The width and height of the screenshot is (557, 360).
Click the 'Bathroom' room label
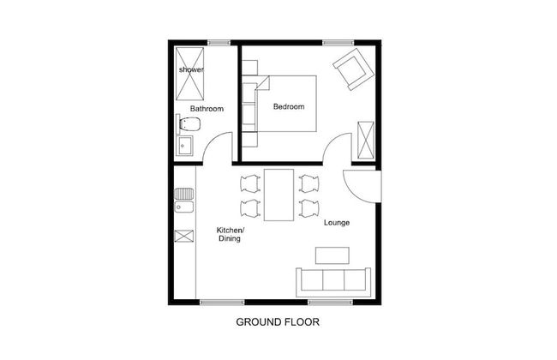tap(207, 109)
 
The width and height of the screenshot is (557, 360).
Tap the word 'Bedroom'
tap(289, 106)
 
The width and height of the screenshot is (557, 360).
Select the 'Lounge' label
tap(337, 223)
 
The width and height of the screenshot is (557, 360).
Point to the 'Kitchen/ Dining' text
tap(230, 235)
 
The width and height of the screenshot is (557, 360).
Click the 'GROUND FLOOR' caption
tap(278, 323)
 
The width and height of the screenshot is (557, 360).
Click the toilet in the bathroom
tap(188, 126)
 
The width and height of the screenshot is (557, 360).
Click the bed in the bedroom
tap(287, 103)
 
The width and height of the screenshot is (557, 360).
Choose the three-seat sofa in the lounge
tap(332, 281)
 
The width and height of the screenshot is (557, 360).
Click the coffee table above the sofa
tap(332, 255)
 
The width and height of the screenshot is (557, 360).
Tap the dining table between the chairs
tap(279, 195)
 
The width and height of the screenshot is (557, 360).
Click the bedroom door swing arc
tap(337, 146)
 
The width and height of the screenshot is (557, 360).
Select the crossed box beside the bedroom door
tap(366, 141)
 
